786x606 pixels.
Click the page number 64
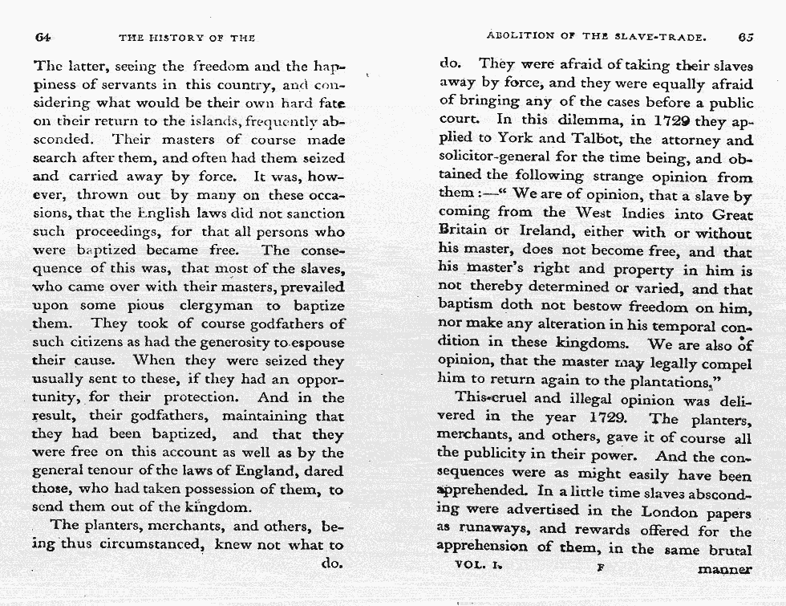tap(43, 38)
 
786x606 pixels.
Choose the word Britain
tap(463, 232)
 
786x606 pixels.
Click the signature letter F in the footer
tap(600, 566)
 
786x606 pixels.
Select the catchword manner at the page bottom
tap(724, 570)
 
